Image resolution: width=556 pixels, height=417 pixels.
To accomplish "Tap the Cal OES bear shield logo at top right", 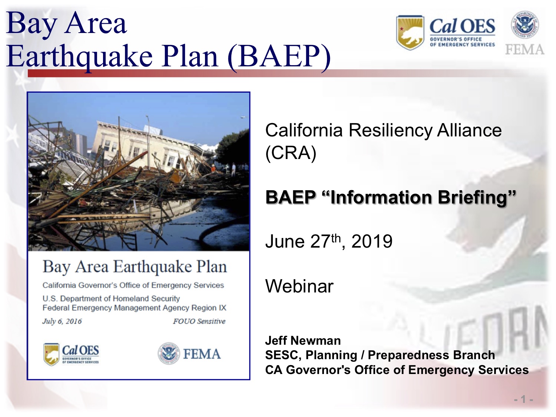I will (x=410, y=33).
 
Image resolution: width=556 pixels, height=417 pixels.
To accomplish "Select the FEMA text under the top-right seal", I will (x=524, y=50).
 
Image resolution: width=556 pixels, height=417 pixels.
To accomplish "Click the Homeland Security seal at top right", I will (x=525, y=24).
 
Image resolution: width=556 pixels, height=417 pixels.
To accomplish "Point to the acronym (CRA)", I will (x=291, y=153).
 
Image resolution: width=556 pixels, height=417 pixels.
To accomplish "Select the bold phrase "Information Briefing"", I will (x=419, y=197).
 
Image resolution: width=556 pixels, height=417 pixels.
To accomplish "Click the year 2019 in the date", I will (x=372, y=242).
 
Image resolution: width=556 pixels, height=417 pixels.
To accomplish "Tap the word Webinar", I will (x=299, y=286).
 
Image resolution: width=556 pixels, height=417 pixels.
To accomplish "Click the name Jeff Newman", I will (x=303, y=340).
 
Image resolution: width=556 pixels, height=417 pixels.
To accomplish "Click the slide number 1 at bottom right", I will (x=523, y=399).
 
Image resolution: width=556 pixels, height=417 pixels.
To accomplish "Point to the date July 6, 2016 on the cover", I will (x=62, y=321).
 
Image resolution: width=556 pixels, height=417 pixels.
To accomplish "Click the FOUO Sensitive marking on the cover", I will (x=199, y=321).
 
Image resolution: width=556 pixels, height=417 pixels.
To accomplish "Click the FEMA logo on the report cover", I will (x=189, y=354).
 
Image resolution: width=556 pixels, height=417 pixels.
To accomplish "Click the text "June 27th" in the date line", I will (x=303, y=242).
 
